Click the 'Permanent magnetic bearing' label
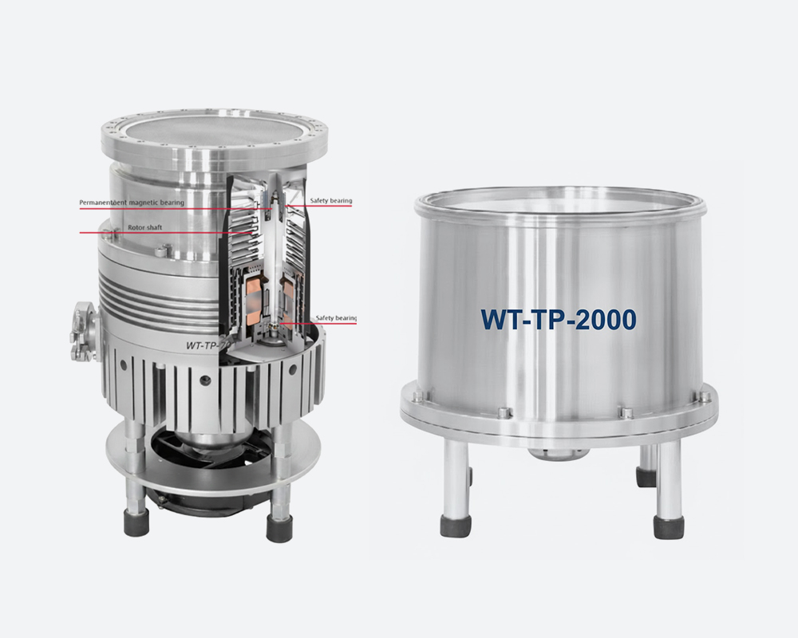[x=132, y=203]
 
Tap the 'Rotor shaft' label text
[x=146, y=227]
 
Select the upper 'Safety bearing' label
[x=330, y=201]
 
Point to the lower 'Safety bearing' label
[x=336, y=318]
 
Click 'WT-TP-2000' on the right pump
[x=558, y=319]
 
